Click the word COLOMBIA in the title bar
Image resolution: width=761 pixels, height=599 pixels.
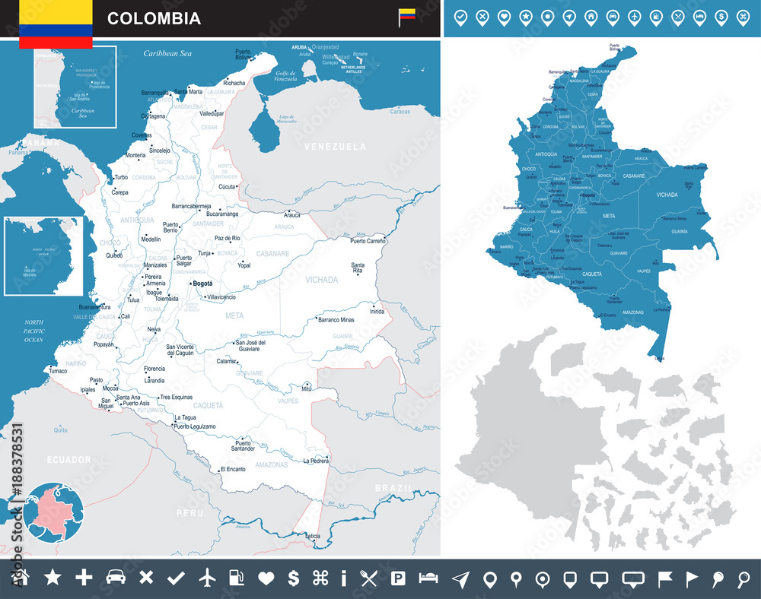pos(154,18)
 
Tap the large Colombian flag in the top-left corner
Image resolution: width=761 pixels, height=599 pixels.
pos(56,23)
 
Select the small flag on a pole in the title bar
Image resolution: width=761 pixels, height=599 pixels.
pos(407,17)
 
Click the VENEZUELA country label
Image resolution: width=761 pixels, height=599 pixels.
pos(335,146)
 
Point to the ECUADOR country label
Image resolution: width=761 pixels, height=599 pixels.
pos(68,460)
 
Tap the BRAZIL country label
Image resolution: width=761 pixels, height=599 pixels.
pos(393,487)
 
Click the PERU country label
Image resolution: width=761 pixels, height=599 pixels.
pos(186,514)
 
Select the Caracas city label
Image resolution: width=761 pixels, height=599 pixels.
pos(400,112)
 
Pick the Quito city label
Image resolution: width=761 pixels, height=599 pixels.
pos(60,430)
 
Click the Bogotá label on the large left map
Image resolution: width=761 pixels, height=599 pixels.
pos(203,284)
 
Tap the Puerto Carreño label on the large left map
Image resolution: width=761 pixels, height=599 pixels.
pos(368,241)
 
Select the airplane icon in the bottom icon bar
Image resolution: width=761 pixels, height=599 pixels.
pos(206,578)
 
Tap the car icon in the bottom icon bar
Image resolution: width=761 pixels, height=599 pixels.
pos(115,578)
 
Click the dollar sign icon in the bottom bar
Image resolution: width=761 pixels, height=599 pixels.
pos(293,578)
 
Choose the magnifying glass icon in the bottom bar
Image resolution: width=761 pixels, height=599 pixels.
pos(743,578)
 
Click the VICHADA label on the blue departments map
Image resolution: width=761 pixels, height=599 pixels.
pos(667,195)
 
